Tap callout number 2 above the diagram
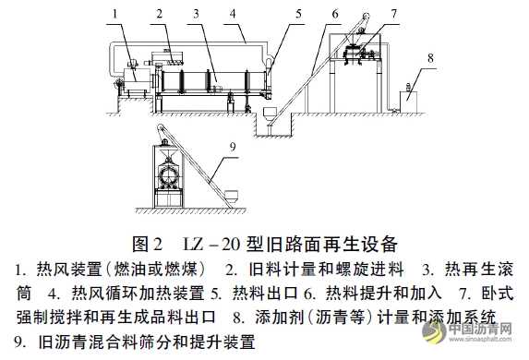tap(160, 13)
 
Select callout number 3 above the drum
tap(197, 13)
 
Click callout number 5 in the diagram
tap(299, 13)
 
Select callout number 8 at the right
tap(428, 56)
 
